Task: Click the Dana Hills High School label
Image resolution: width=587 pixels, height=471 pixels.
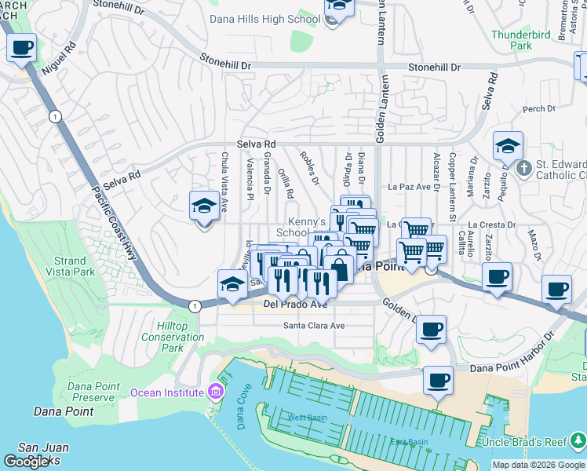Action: [264, 19]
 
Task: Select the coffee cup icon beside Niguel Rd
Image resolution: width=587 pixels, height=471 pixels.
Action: [22, 48]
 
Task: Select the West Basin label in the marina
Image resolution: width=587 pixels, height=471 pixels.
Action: [307, 418]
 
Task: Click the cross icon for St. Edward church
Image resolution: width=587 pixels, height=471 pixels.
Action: [523, 166]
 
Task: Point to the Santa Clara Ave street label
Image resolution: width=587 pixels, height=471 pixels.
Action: [314, 325]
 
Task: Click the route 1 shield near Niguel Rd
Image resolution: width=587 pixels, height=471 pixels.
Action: [54, 116]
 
